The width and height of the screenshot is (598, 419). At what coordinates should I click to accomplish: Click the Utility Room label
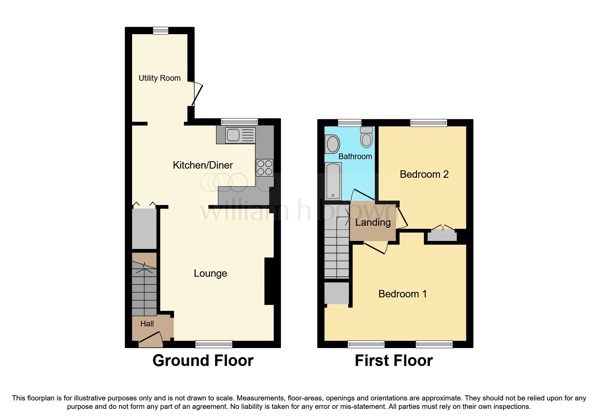(x=159, y=78)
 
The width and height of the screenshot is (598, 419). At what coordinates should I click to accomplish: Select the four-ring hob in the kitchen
(x=264, y=168)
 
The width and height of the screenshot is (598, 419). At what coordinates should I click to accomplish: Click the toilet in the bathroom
(x=366, y=137)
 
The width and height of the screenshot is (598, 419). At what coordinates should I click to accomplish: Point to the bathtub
(x=333, y=181)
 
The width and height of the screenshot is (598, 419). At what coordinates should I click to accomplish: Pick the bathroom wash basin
(x=333, y=144)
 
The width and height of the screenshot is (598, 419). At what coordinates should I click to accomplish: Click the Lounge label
(x=210, y=273)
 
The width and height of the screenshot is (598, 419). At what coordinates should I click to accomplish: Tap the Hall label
(x=147, y=324)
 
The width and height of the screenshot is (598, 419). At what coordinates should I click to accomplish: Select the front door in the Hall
(x=151, y=339)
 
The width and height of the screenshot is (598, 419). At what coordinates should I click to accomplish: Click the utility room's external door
(x=197, y=94)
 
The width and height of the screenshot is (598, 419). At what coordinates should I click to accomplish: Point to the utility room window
(x=160, y=31)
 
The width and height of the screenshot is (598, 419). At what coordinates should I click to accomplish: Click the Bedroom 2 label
(x=424, y=174)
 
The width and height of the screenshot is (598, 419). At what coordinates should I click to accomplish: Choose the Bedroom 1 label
(x=402, y=294)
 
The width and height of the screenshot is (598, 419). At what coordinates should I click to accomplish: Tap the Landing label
(x=373, y=222)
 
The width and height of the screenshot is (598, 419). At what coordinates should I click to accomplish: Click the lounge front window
(x=214, y=344)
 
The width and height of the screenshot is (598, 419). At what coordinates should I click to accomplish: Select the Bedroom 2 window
(x=429, y=123)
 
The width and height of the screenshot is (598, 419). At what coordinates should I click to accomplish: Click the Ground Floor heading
(x=203, y=361)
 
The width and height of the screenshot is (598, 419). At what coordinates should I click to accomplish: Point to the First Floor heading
(x=394, y=361)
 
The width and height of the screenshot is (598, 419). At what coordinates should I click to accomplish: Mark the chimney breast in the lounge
(x=269, y=281)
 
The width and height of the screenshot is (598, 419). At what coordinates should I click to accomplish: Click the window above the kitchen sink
(x=239, y=122)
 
